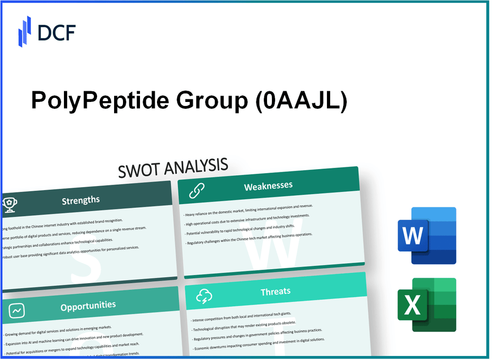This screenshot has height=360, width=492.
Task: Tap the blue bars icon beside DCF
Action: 25,31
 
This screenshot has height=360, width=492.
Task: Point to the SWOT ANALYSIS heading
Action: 174,168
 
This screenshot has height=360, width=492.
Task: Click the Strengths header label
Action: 81,200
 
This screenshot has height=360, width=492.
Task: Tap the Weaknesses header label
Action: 268,186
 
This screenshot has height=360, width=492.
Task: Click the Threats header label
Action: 276,292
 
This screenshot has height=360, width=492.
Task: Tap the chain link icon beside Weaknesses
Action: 196,191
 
